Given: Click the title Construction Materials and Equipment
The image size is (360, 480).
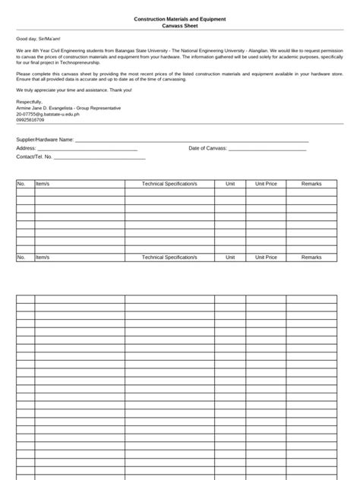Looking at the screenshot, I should [x=179, y=19].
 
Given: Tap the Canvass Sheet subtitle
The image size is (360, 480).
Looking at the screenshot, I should [x=179, y=25].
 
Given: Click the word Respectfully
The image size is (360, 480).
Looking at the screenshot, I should [x=30, y=101].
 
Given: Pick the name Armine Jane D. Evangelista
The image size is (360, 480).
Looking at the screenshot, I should [x=49, y=107].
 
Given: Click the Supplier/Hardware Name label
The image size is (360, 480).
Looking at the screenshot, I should [x=45, y=140].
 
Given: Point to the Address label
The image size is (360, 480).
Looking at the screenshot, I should [x=26, y=148].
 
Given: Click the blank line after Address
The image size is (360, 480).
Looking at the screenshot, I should [x=87, y=149].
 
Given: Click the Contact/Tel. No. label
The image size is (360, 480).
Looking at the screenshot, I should [x=34, y=156].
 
